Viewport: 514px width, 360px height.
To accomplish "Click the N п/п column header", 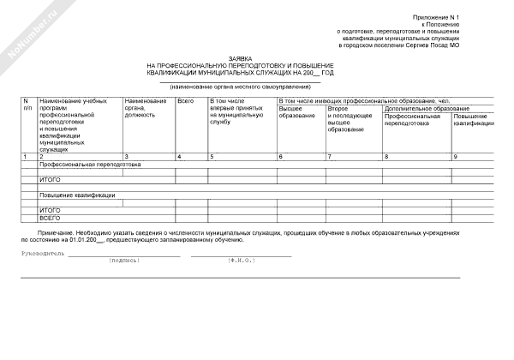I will [x=28, y=105].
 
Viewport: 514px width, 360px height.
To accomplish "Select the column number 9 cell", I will [x=455, y=157].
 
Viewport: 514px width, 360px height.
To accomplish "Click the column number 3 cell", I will [x=127, y=157].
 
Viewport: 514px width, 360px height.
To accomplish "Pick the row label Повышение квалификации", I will [x=77, y=195].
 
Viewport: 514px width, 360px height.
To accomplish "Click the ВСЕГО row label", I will [x=50, y=217].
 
